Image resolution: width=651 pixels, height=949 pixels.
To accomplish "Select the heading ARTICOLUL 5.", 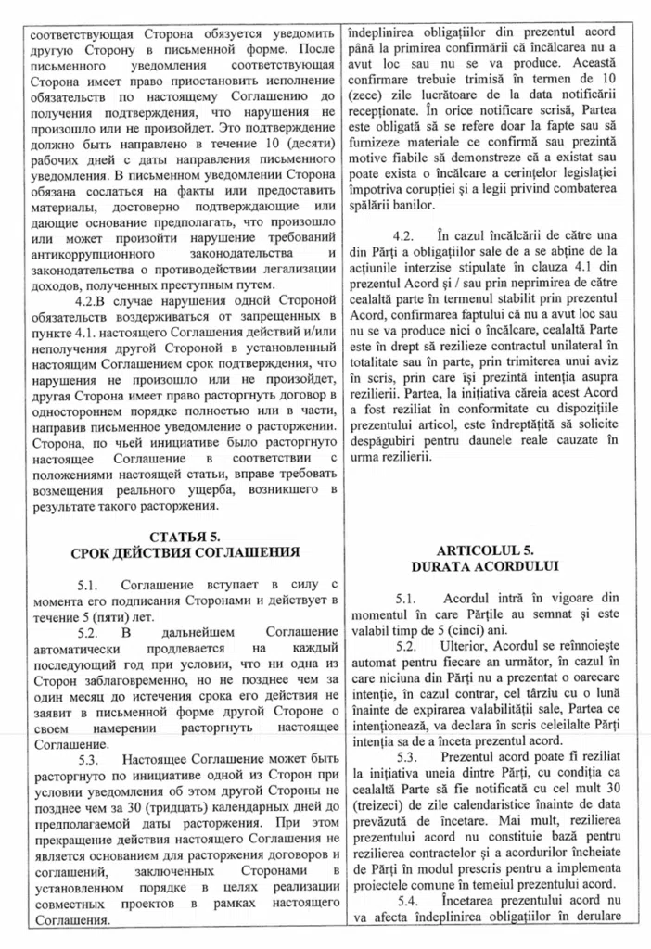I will point(489,549).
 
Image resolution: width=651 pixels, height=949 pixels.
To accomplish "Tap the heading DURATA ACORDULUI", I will point(489,565).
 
